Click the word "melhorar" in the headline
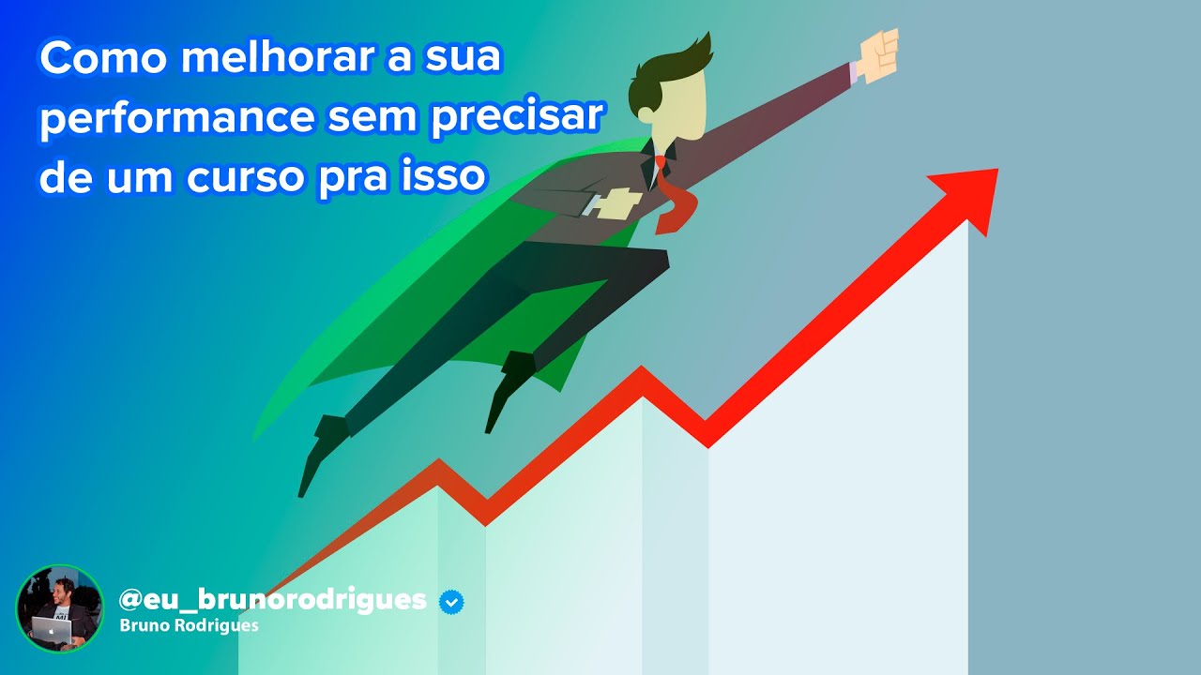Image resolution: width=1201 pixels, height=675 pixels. tap(271, 60)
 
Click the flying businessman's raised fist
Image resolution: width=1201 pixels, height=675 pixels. tap(877, 54)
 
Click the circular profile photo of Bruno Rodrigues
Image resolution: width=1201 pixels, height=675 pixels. tap(59, 608)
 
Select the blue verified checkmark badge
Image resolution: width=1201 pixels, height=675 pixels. tap(451, 601)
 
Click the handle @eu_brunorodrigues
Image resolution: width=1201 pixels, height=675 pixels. tap(272, 599)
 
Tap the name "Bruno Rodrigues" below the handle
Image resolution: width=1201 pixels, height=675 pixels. tap(190, 625)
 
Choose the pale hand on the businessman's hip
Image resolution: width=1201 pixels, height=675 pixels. tap(616, 201)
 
